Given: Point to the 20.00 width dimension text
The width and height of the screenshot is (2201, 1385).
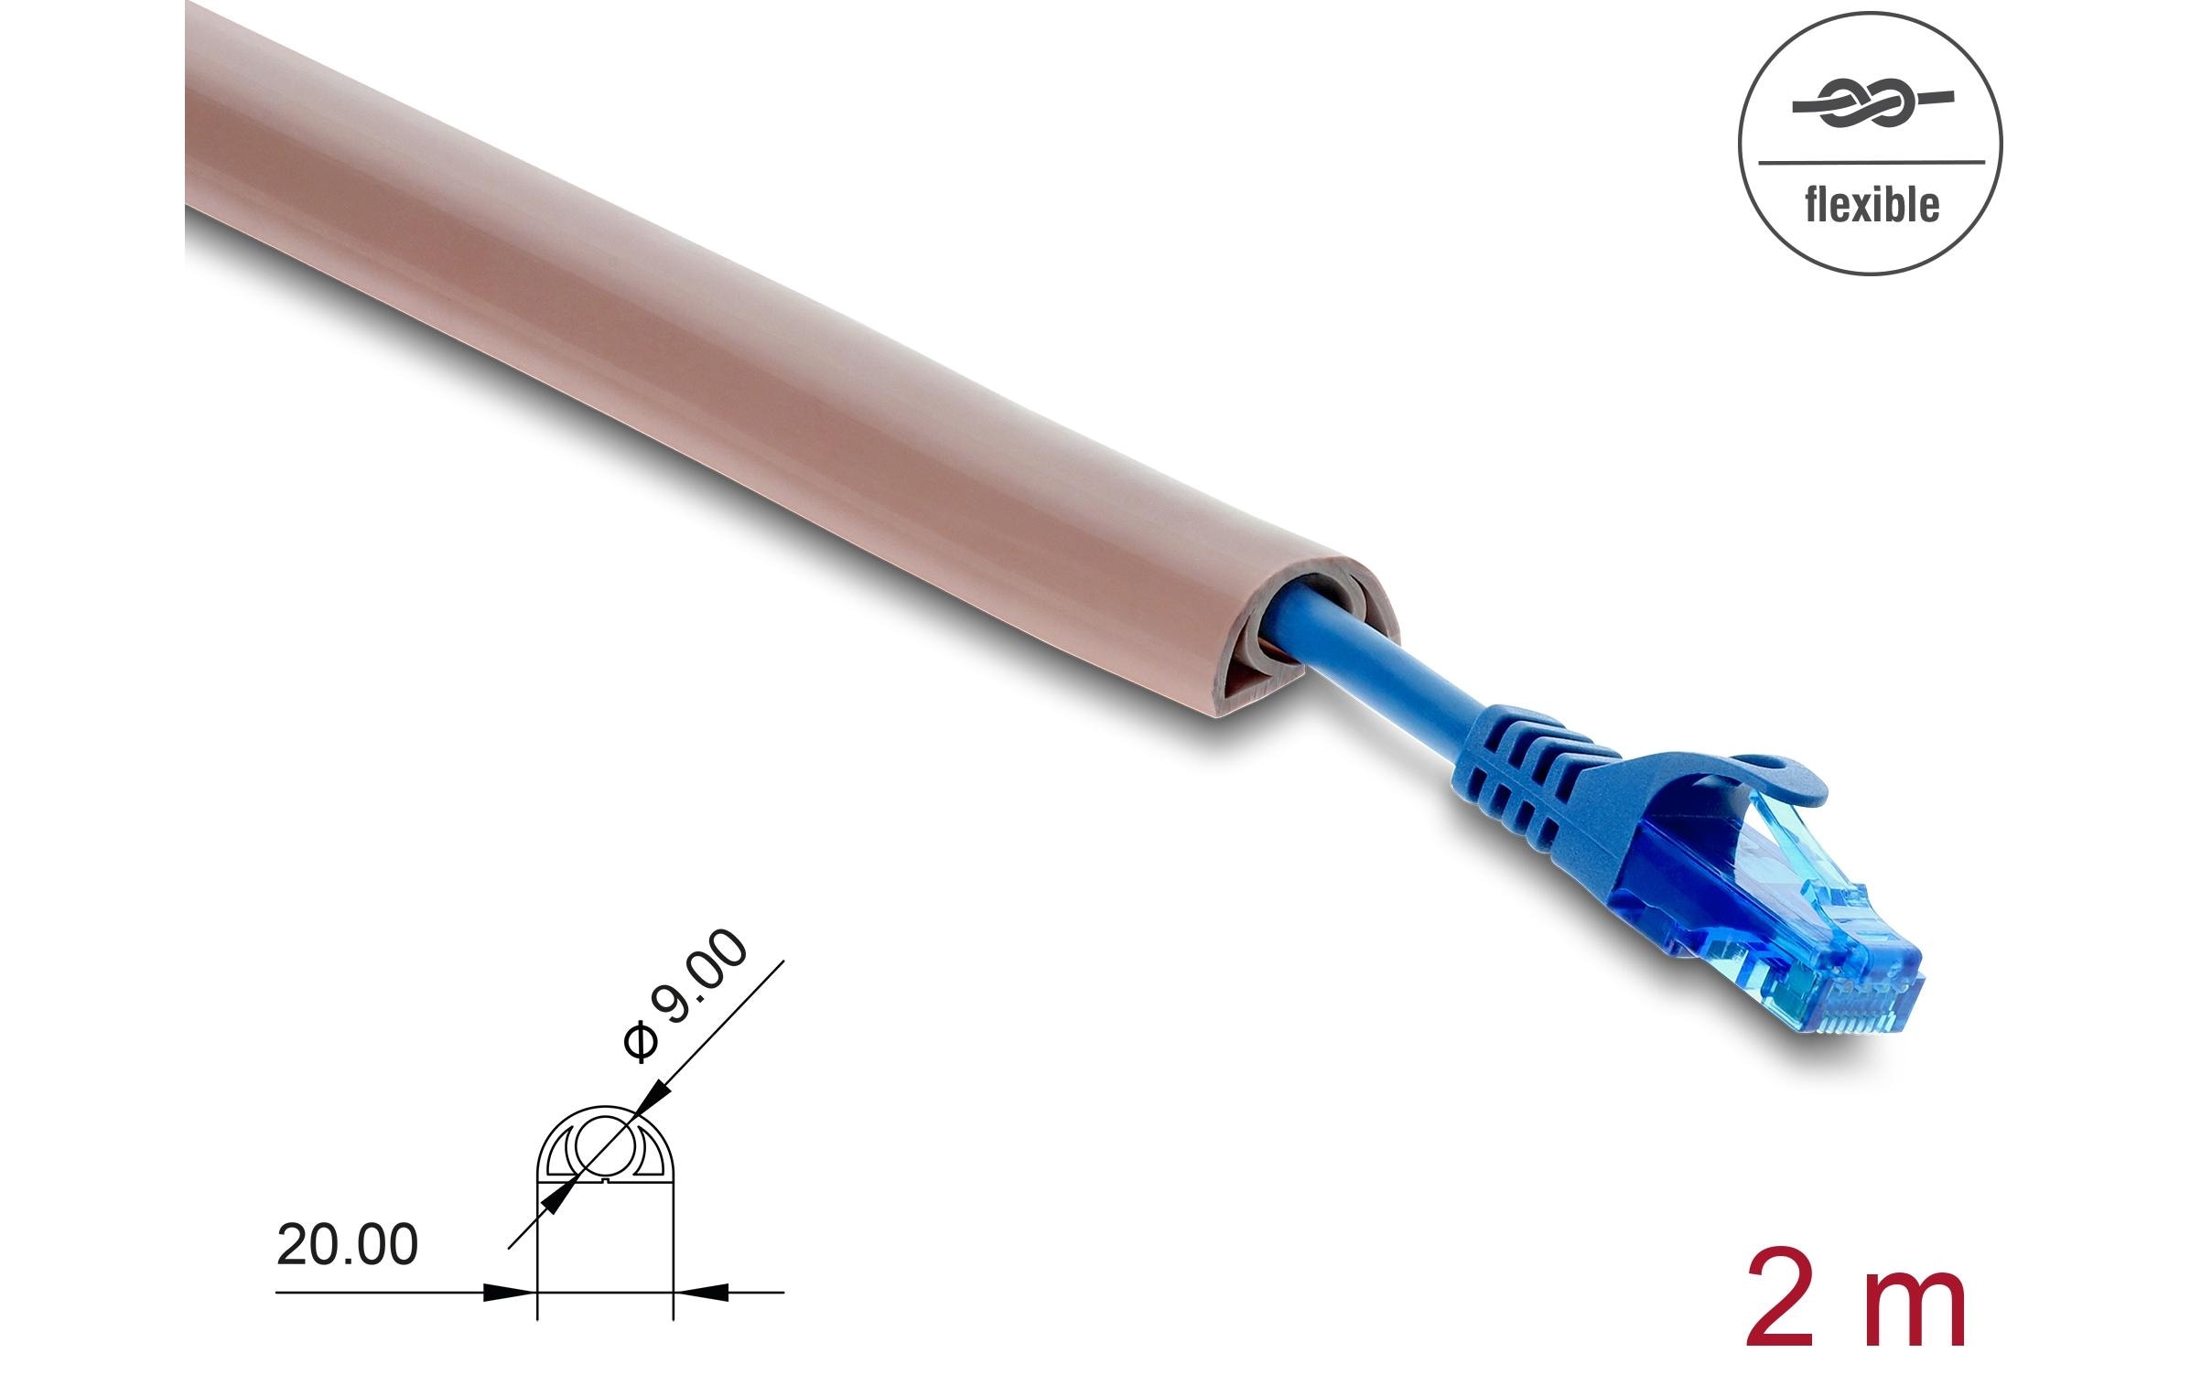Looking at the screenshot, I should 347,1245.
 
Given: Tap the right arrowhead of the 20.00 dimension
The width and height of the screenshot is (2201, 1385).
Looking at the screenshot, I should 702,1293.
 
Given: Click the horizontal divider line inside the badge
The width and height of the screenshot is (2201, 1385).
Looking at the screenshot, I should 1871,163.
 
